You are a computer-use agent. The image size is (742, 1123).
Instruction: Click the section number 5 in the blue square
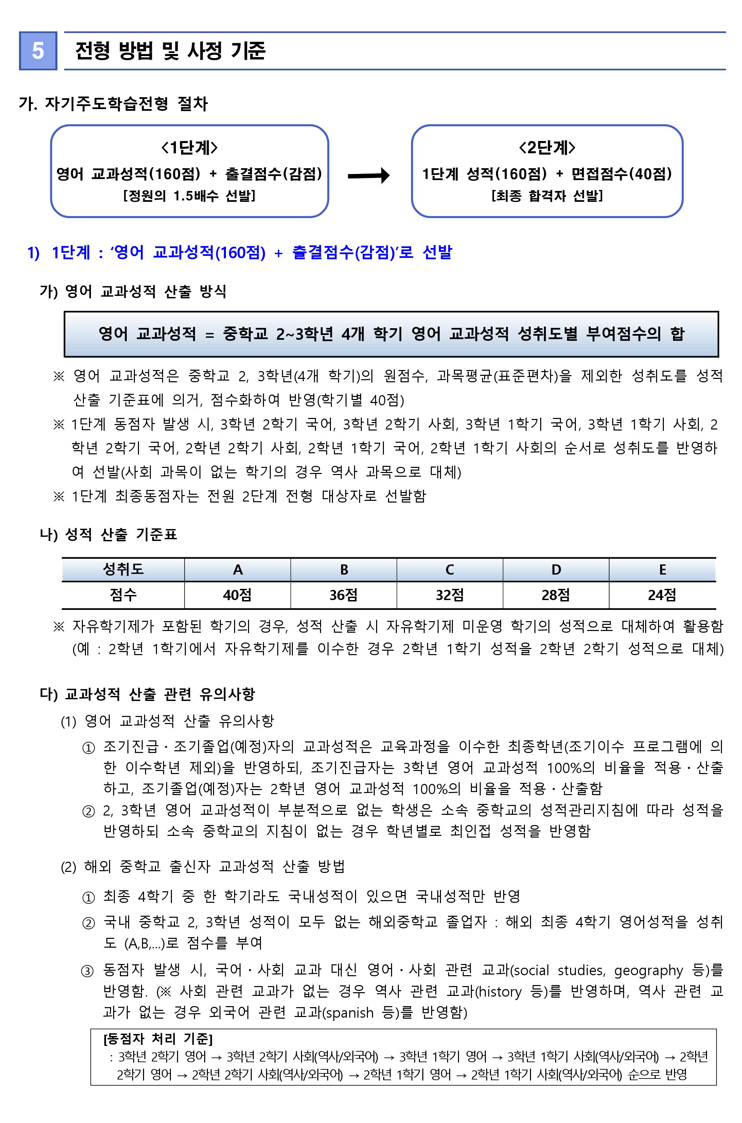pyautogui.click(x=38, y=51)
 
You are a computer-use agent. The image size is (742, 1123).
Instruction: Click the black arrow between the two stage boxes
pyautogui.click(x=368, y=176)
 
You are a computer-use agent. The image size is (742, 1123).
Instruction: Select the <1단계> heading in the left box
pyautogui.click(x=189, y=148)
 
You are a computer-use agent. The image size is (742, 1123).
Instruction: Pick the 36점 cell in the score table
pyautogui.click(x=343, y=595)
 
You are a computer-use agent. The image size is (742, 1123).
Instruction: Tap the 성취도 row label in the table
pyautogui.click(x=123, y=569)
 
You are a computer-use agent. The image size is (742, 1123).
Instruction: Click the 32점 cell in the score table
pyautogui.click(x=449, y=595)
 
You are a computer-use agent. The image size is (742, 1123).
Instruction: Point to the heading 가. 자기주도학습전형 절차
pyautogui.click(x=113, y=104)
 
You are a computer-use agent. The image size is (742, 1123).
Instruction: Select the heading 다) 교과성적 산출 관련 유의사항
pyautogui.click(x=148, y=694)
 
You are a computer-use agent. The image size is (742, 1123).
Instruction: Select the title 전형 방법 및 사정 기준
pyautogui.click(x=170, y=51)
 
